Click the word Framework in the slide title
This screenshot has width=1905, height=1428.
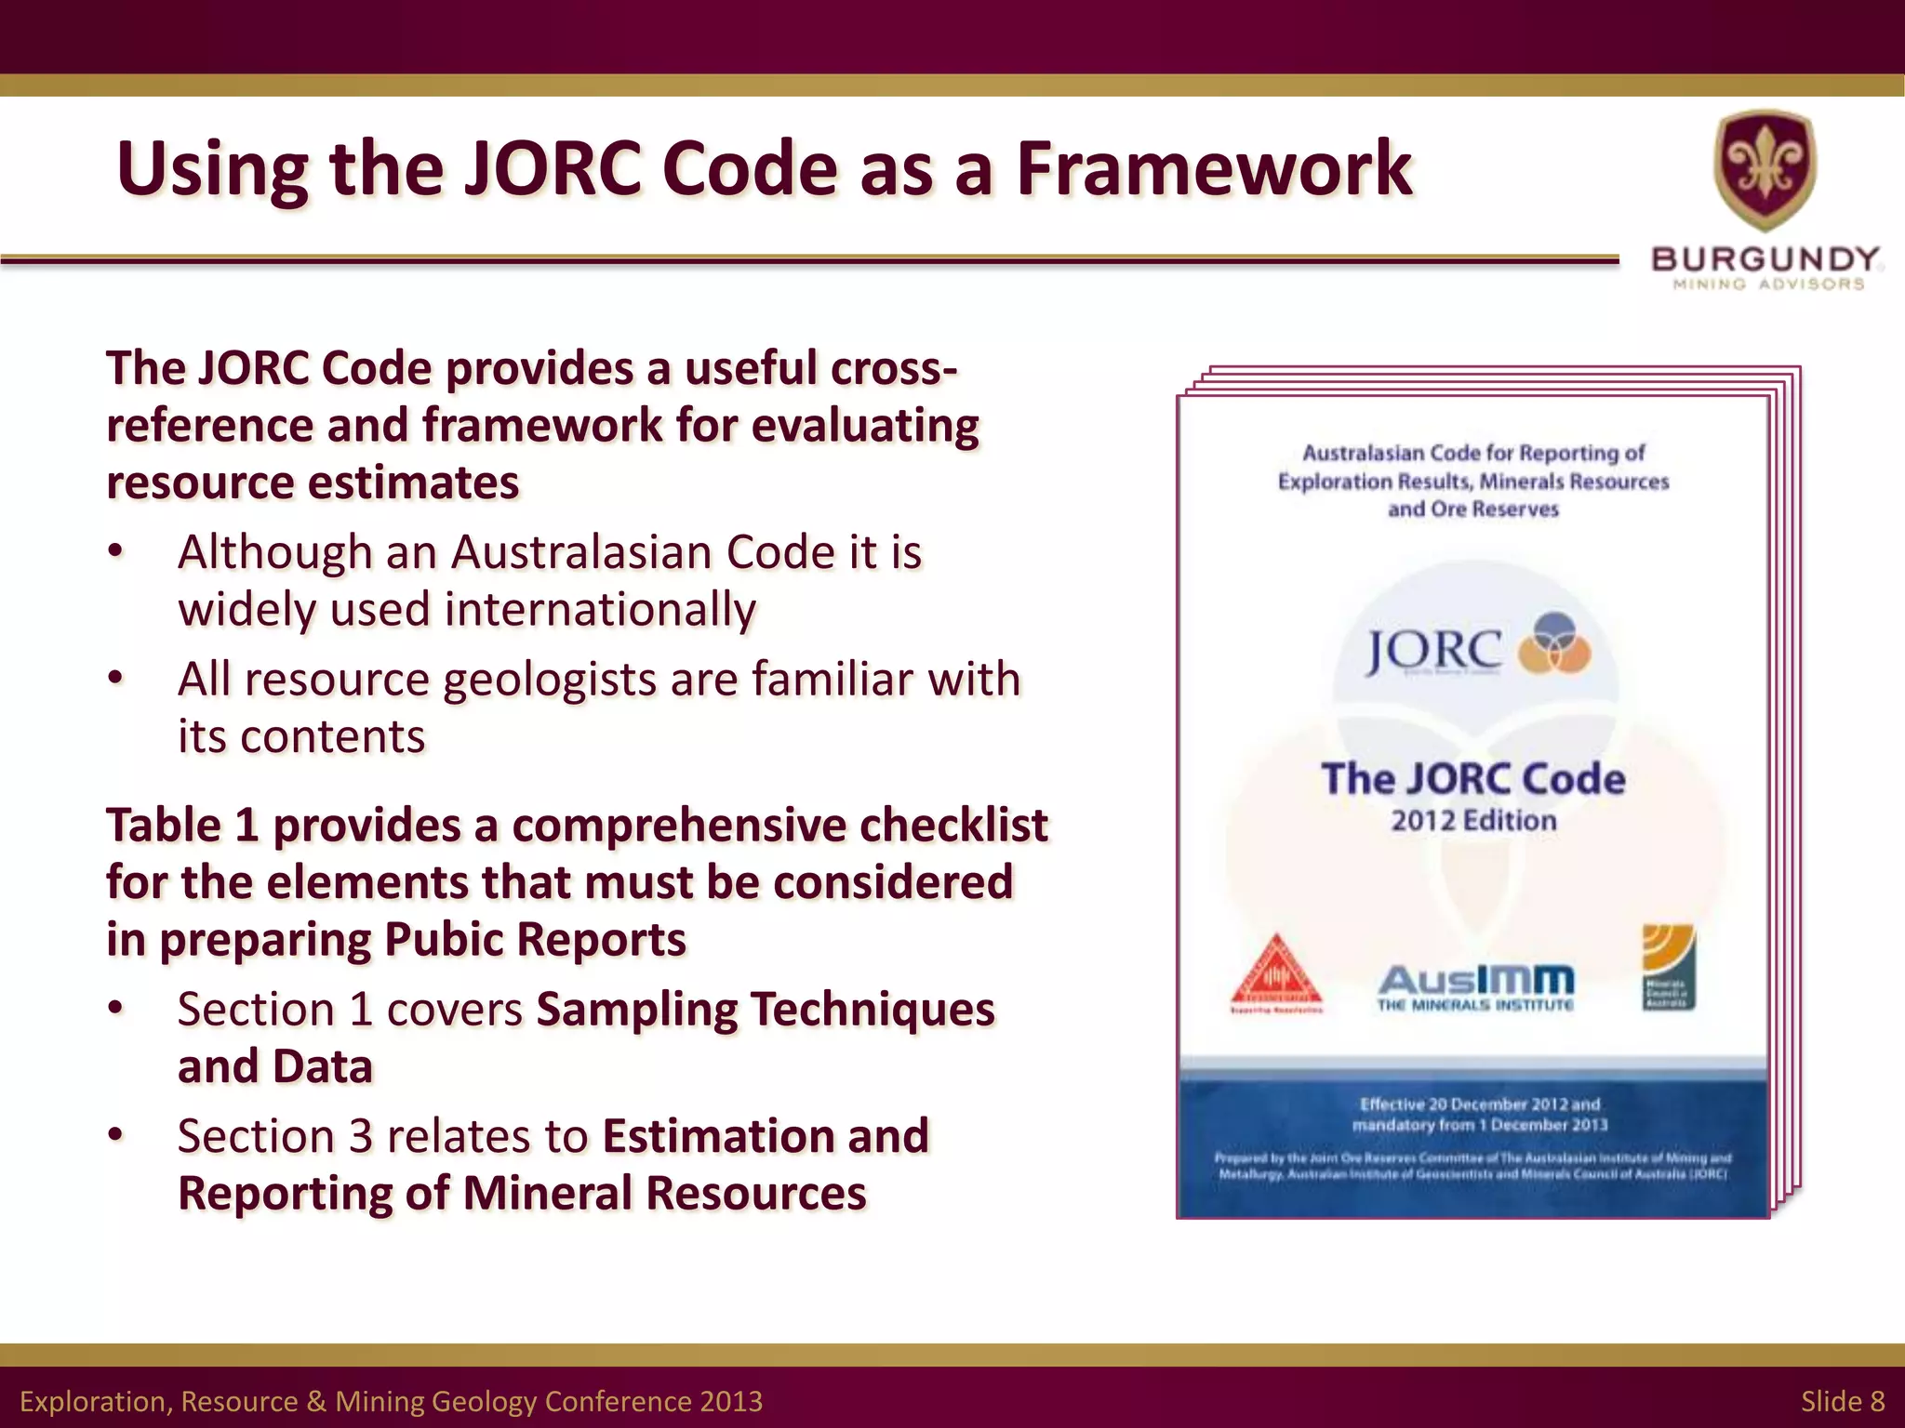(1214, 169)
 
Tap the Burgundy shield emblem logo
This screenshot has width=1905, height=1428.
(1765, 168)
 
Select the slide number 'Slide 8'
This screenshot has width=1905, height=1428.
(1842, 1400)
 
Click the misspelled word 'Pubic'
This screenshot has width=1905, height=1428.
(442, 939)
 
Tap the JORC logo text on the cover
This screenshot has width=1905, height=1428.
(1432, 650)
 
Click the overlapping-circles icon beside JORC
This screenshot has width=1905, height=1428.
(1552, 642)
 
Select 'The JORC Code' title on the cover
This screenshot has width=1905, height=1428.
(1472, 779)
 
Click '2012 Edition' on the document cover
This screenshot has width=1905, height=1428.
(1473, 821)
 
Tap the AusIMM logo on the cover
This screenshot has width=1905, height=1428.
(1475, 986)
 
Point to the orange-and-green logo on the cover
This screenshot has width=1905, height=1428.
(1669, 967)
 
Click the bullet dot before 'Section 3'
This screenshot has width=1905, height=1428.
(115, 1136)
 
